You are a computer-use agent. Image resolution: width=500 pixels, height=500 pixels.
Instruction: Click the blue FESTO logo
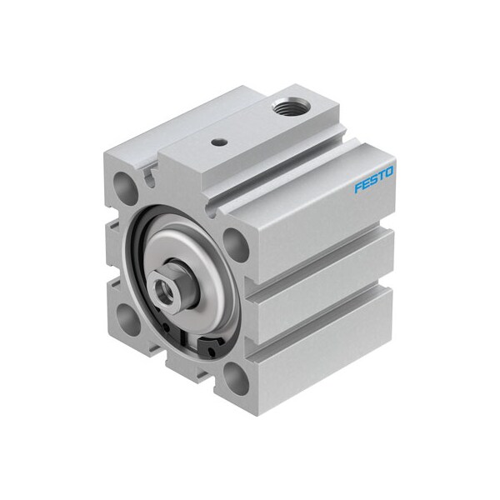coord(373,179)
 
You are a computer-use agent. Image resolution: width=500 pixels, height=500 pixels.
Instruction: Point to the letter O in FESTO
coord(389,172)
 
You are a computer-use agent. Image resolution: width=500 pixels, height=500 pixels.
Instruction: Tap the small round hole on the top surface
coord(218,142)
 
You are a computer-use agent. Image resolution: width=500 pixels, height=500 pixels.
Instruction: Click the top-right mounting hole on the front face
coord(235,245)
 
